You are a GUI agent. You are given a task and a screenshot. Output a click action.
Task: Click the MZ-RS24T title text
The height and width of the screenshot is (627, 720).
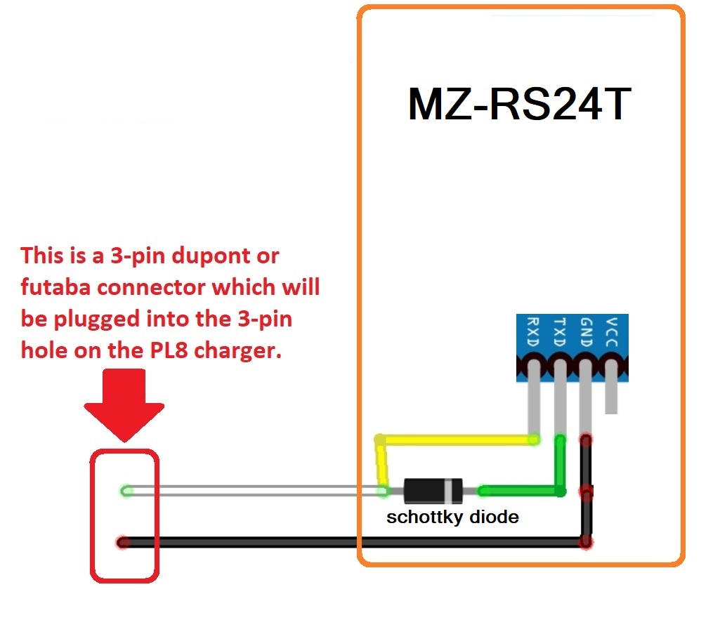point(520,105)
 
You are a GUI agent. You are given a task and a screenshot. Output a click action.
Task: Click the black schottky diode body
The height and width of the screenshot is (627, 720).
point(433,491)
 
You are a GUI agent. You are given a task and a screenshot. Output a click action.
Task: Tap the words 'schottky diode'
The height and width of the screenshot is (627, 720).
point(452,518)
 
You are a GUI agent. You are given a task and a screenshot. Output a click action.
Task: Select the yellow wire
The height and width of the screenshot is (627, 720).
point(457,440)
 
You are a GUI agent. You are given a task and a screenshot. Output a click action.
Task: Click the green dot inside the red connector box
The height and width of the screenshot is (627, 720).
point(126,491)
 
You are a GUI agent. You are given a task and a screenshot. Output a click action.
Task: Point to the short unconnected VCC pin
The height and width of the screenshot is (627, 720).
point(612,396)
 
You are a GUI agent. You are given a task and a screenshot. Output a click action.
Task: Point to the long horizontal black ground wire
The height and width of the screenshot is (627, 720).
point(351,542)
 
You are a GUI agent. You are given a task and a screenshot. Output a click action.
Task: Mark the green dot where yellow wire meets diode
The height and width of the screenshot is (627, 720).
point(384,491)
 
